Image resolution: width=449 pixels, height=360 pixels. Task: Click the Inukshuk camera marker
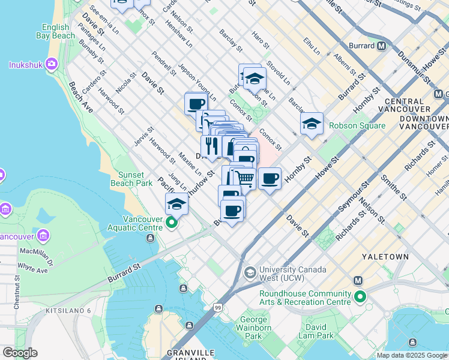pos(51,64)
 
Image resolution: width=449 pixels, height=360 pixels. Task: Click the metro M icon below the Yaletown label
pos(358,280)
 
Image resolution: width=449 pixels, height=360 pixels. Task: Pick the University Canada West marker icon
pos(250,274)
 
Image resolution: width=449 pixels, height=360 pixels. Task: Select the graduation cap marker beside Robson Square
pos(312,124)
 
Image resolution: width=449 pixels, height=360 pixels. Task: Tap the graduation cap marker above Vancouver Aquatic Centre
pos(176,204)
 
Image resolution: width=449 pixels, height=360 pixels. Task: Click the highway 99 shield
pos(217,307)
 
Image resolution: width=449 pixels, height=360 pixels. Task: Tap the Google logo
pos(19,353)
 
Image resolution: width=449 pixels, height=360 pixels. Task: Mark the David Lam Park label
pos(316,332)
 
